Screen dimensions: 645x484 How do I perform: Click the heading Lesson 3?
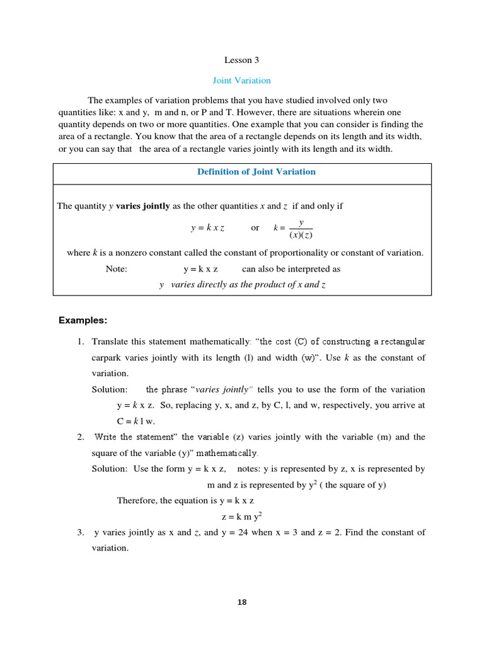[241, 60]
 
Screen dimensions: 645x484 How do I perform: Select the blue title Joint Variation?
[241, 81]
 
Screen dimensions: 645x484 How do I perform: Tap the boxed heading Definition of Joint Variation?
[256, 172]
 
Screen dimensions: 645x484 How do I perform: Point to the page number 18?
[242, 602]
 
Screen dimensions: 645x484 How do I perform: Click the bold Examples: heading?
[83, 321]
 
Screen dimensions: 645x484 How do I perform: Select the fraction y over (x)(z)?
[301, 229]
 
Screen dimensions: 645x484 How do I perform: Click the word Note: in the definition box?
[117, 269]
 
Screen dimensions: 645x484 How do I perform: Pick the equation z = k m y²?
[241, 517]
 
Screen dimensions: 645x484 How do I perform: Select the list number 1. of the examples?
[81, 342]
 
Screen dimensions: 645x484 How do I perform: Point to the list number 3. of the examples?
[81, 532]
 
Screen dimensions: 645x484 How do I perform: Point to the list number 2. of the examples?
[81, 437]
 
